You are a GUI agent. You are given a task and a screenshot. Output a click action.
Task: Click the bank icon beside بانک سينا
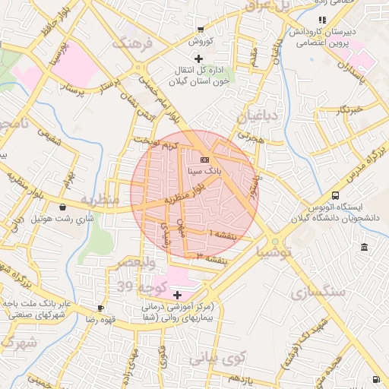coord(204,160)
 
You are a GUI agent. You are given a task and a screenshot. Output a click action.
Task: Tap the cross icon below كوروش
coord(199,59)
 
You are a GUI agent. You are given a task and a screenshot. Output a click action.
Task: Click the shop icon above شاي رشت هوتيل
coord(62,207)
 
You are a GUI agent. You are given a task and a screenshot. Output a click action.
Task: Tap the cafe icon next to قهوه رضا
coord(101,308)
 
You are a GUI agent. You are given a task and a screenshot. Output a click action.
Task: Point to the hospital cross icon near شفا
coord(178,294)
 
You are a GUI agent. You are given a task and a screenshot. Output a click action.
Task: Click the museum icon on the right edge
coord(365,248)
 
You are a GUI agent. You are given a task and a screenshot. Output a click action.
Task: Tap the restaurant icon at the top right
coord(322,20)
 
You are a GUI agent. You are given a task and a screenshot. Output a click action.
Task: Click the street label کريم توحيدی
coord(156,142)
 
